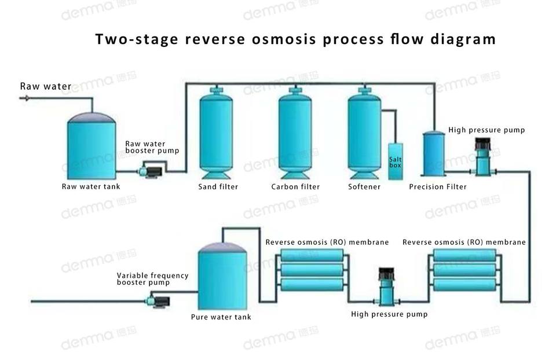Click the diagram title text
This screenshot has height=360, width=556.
click(x=295, y=39)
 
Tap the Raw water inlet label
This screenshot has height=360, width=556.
click(x=46, y=87)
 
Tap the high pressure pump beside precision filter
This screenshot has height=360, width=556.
click(x=482, y=157)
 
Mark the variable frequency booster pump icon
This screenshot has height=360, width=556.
click(x=157, y=300)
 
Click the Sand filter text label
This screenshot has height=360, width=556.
click(x=218, y=187)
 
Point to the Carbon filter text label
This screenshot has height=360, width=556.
click(x=295, y=187)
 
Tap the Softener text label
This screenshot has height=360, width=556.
click(x=364, y=187)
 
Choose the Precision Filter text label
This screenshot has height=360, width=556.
click(x=437, y=187)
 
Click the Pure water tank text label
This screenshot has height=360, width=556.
click(x=221, y=317)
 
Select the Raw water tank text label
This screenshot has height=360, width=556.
click(x=91, y=187)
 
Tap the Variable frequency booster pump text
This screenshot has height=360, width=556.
click(x=152, y=279)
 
